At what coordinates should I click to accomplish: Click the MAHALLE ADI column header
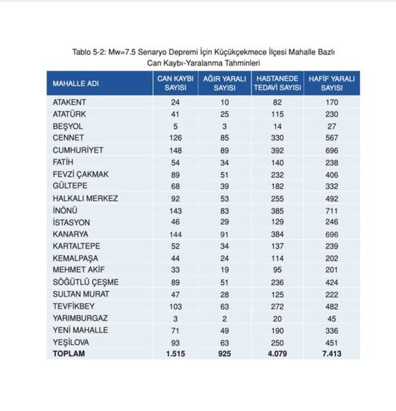coord(76,84)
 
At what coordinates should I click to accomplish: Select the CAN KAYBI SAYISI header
coord(175,83)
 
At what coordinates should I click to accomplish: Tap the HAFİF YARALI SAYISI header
coord(331,83)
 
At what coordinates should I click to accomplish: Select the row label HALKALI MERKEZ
coord(85,198)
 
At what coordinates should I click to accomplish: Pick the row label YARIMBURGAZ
coord(81,318)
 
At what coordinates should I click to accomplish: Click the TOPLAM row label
coord(68,353)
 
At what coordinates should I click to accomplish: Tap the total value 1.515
coord(175,354)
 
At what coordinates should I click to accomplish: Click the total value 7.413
coord(331,354)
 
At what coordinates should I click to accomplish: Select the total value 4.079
coord(277,354)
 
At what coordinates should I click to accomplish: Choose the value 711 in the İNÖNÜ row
coord(331,210)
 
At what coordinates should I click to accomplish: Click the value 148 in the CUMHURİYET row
coord(175,150)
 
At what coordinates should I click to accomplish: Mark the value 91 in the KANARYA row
coord(223,234)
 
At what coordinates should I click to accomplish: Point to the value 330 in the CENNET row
coord(277,138)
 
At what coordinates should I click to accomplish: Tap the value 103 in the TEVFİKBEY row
coord(175,306)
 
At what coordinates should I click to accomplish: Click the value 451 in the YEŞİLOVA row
coord(331,342)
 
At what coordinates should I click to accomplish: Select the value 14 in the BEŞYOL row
coord(277,126)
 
